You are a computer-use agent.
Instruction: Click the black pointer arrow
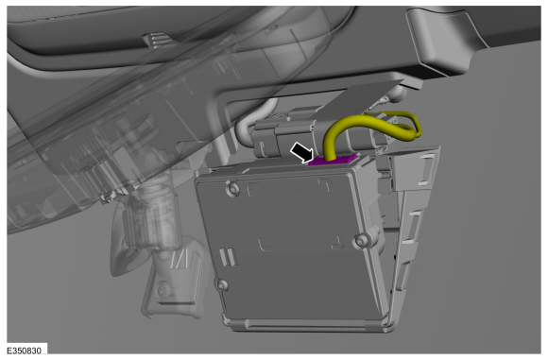[301, 152]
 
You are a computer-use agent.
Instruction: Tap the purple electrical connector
[332, 160]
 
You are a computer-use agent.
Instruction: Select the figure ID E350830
[25, 351]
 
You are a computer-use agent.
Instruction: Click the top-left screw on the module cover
[233, 189]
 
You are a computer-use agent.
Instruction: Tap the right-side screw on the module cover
[361, 240]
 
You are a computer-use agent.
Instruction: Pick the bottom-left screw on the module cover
[223, 284]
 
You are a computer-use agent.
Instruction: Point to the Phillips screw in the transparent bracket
[163, 290]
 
